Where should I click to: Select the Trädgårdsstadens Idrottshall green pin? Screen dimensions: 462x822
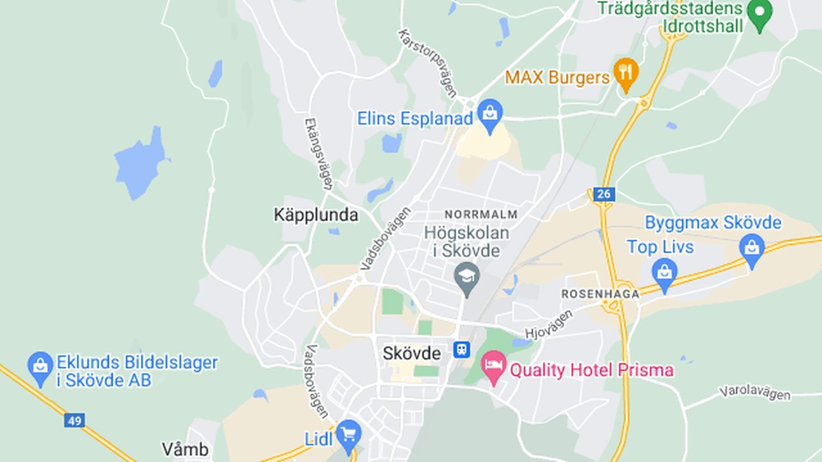point(759,14)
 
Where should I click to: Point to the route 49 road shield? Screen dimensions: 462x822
point(75,420)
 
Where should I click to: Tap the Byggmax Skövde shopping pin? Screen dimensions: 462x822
point(752,248)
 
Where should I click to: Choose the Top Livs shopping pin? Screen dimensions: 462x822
point(664,273)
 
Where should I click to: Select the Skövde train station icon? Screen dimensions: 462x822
point(461,350)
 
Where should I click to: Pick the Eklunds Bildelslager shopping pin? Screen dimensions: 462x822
point(40,366)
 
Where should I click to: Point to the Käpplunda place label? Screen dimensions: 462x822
point(316,215)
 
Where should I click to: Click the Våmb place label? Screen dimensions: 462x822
point(185,450)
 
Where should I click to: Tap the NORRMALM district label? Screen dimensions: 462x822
point(481,214)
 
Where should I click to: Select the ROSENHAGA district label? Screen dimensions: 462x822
point(600,294)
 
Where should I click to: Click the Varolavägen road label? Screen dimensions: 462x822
point(754,394)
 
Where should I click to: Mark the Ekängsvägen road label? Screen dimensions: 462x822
point(319,153)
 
